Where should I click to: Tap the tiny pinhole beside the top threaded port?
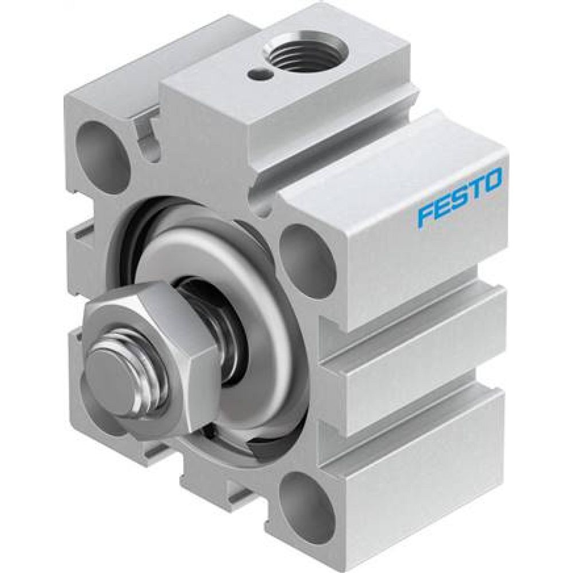254,73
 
